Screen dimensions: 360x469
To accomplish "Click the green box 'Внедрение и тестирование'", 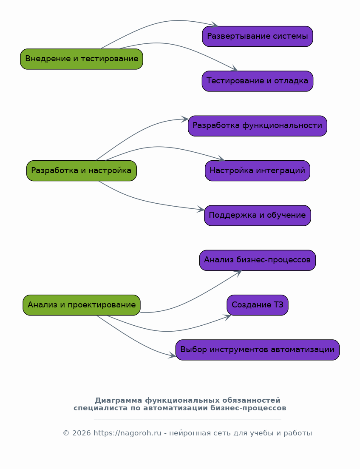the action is point(82,59).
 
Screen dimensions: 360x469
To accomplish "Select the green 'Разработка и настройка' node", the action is point(82,171).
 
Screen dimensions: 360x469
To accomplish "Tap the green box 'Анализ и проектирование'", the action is point(82,305).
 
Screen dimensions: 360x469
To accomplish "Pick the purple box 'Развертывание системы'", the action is point(258,37).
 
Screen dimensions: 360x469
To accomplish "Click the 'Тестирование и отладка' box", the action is point(258,81).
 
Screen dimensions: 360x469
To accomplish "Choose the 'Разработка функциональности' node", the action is point(258,126).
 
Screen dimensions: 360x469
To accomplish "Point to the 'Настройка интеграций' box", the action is point(258,171).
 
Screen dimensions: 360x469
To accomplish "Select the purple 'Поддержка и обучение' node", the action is point(258,215).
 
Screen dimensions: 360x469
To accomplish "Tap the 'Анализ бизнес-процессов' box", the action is point(258,260).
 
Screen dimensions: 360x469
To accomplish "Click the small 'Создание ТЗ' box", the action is point(258,305).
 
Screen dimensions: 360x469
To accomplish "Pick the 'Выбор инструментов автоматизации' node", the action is point(258,350).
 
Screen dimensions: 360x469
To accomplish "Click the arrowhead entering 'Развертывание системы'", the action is point(215,25).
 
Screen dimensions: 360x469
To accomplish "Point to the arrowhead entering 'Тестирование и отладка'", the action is point(235,68).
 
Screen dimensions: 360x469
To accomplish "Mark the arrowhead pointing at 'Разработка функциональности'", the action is point(185,119).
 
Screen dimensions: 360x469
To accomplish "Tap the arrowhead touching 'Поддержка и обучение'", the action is point(201,209).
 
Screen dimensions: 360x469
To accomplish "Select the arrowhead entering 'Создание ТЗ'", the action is point(228,317).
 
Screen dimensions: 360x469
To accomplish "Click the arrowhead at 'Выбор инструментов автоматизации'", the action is point(172,355).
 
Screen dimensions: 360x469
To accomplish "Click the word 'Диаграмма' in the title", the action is point(119,401).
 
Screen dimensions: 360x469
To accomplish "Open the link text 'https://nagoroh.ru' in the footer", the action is point(128,433).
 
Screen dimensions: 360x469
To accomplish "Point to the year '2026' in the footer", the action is point(81,433).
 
